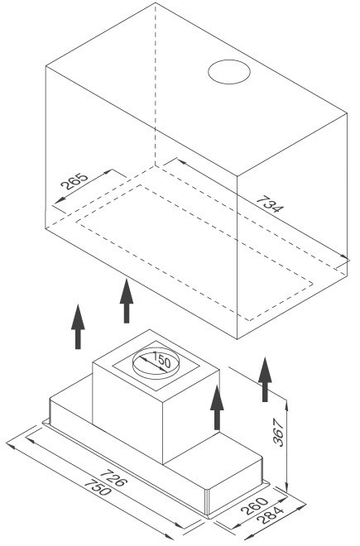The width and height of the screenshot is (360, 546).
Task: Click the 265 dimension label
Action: click(74, 181)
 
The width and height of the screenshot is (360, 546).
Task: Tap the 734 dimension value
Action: click(270, 204)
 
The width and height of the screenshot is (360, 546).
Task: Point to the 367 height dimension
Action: click(278, 432)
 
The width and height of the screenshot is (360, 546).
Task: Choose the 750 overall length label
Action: click(98, 487)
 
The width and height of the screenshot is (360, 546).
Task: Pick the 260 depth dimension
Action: click(254, 505)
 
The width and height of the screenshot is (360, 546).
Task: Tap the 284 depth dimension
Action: click(270, 515)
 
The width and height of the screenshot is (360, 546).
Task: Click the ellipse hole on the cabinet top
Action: click(229, 72)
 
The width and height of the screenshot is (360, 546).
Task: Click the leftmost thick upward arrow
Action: click(78, 327)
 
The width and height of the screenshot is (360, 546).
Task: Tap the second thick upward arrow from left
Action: click(127, 301)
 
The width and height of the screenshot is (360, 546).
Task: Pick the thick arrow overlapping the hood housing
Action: click(217, 407)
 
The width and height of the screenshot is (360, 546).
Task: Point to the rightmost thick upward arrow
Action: click(265, 380)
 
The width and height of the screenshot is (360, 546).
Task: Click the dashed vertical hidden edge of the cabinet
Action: click(156, 85)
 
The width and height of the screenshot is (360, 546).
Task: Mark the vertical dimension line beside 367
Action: click(286, 446)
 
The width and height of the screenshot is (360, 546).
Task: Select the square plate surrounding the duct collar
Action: click(156, 365)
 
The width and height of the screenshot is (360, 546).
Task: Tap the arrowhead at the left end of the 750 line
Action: click(11, 446)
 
